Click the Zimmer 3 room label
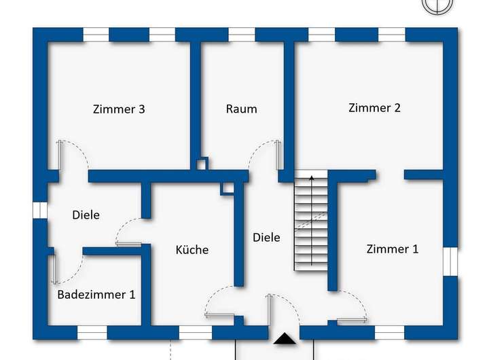(x=120, y=109)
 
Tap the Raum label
(x=242, y=109)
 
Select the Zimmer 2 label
(x=374, y=107)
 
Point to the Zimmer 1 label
(x=393, y=249)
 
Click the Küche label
(x=192, y=249)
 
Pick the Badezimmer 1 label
(x=96, y=295)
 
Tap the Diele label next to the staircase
(x=266, y=237)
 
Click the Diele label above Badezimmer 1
(x=86, y=215)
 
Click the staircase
(x=310, y=224)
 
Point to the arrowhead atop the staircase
(x=312, y=178)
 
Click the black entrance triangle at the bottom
(x=284, y=337)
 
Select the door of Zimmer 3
(x=60, y=155)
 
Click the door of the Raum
(x=278, y=155)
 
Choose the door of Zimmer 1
(x=351, y=319)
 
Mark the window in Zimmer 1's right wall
(x=450, y=262)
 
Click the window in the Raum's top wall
(x=241, y=35)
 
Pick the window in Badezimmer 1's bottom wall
(x=92, y=333)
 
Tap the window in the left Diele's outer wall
(x=40, y=210)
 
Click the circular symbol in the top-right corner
(x=437, y=4)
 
